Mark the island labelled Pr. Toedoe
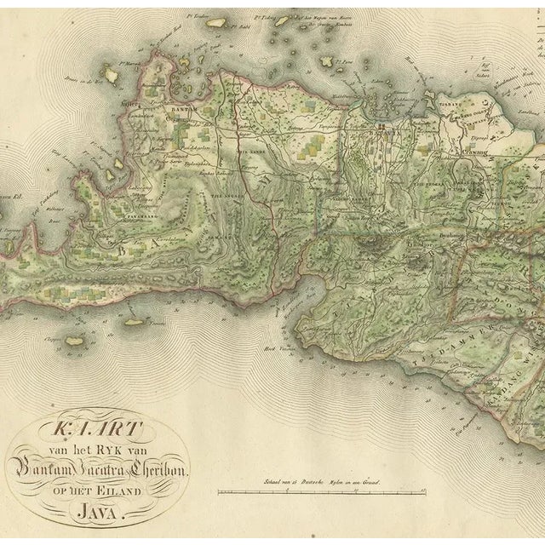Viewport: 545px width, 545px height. pos(216,23)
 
